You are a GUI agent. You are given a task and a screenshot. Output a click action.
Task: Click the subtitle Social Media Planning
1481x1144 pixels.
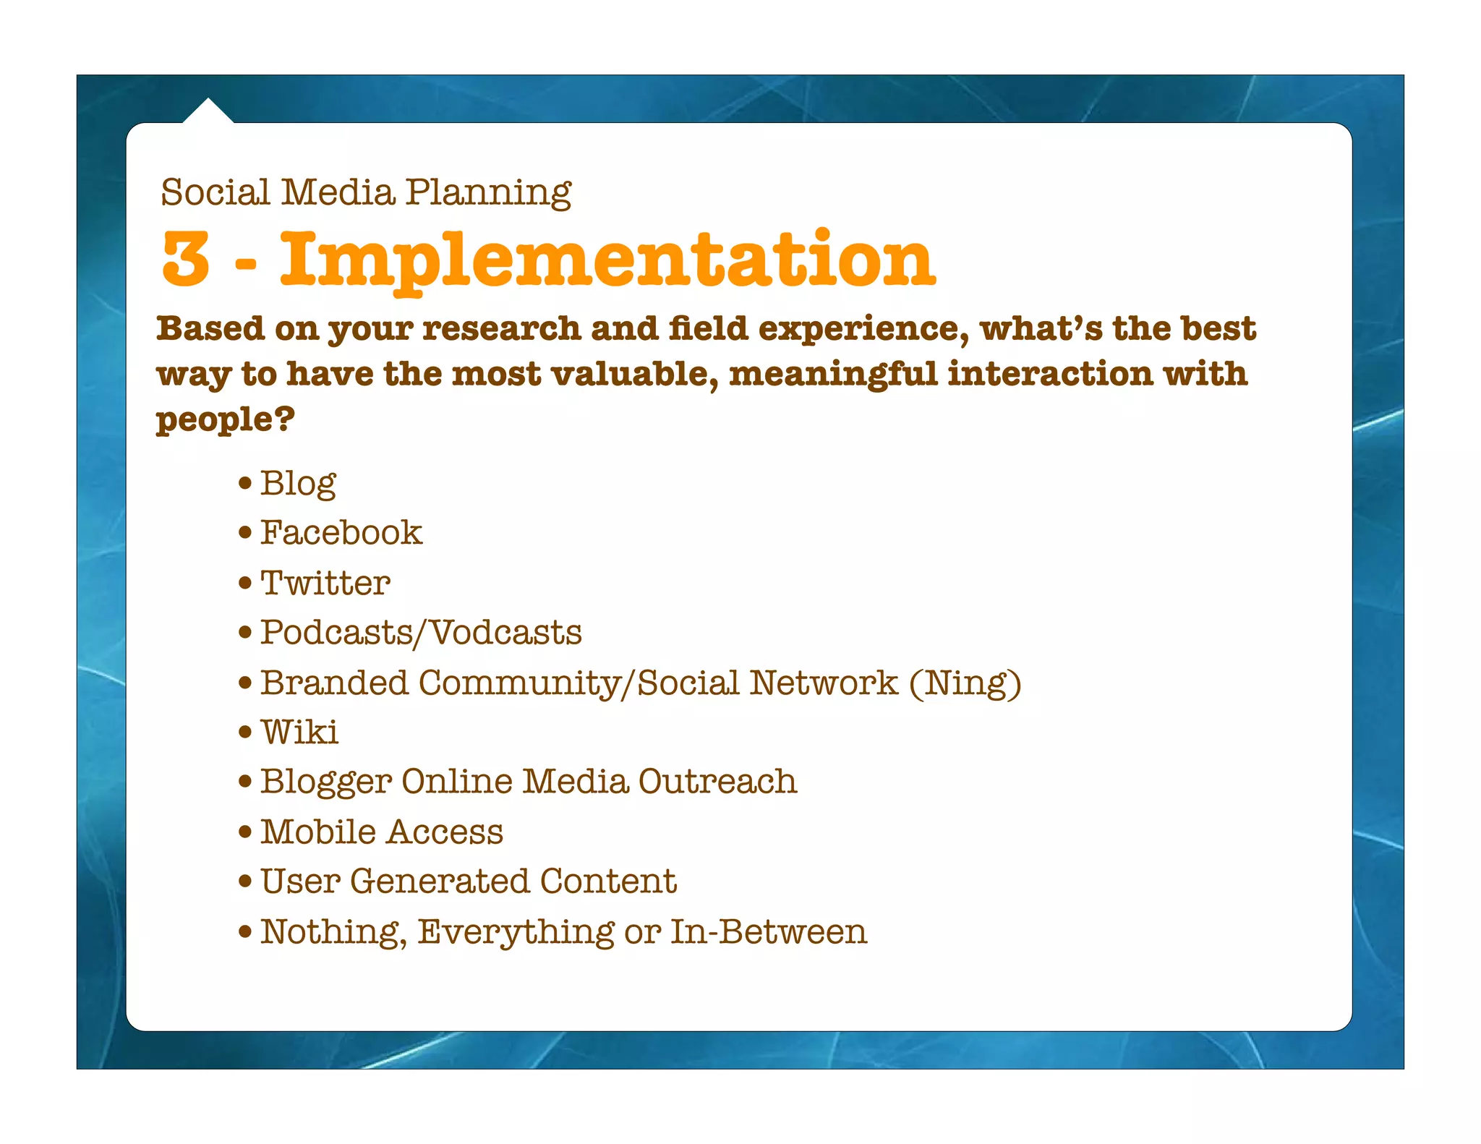coord(366,192)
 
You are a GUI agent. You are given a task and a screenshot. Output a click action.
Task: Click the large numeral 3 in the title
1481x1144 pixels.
coord(186,259)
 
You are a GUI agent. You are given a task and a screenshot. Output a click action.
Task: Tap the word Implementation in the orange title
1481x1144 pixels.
coord(607,259)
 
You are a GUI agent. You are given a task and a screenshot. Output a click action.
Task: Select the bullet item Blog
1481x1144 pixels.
coord(298,483)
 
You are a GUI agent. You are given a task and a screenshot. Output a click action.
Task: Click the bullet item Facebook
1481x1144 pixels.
coord(341,533)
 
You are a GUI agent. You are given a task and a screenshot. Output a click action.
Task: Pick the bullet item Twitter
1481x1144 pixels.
coord(325,583)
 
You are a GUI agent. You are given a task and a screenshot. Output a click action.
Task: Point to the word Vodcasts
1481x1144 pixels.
coord(506,633)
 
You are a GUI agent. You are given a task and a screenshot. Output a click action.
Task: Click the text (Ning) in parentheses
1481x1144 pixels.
coord(965,683)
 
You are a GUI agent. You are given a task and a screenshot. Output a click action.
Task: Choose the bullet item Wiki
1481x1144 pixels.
coord(299,732)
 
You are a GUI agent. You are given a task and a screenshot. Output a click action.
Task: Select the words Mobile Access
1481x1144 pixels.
coord(381,832)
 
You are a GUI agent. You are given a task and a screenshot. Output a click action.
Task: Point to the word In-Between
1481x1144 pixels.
coord(768,931)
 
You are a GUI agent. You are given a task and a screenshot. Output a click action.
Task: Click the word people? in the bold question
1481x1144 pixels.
coord(225,419)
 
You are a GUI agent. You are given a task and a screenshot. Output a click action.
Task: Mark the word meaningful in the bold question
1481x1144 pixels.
coord(833,375)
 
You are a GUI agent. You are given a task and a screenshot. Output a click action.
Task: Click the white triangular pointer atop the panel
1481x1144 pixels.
coord(208,112)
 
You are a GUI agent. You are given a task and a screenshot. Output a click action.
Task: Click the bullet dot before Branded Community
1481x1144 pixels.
coord(246,683)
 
